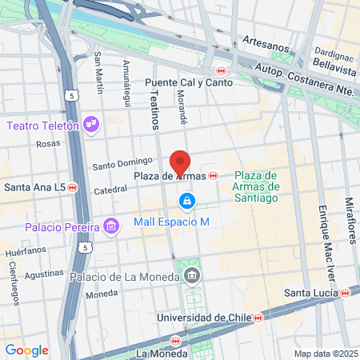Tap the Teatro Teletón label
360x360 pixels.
click(x=42, y=126)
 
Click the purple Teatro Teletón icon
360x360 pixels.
click(x=91, y=124)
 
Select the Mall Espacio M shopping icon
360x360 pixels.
click(x=186, y=200)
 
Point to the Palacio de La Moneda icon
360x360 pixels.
click(x=192, y=277)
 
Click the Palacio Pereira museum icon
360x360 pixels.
click(x=110, y=228)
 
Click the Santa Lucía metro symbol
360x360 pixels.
click(x=345, y=294)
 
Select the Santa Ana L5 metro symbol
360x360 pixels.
click(x=72, y=187)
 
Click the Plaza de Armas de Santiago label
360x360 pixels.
click(x=255, y=186)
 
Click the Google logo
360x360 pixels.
click(x=26, y=350)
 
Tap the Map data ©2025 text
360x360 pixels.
click(x=325, y=354)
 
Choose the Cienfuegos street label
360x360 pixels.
click(x=14, y=284)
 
